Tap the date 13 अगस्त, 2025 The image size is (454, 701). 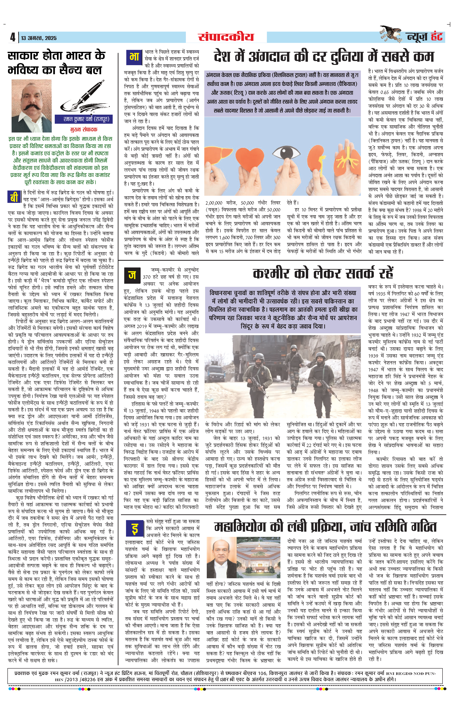tap(39, 38)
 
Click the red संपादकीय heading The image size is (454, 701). tap(226, 37)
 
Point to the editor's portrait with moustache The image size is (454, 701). tap(31, 105)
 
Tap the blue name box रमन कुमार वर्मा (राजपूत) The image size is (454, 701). tap(84, 119)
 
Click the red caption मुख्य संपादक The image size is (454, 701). tap(84, 129)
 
